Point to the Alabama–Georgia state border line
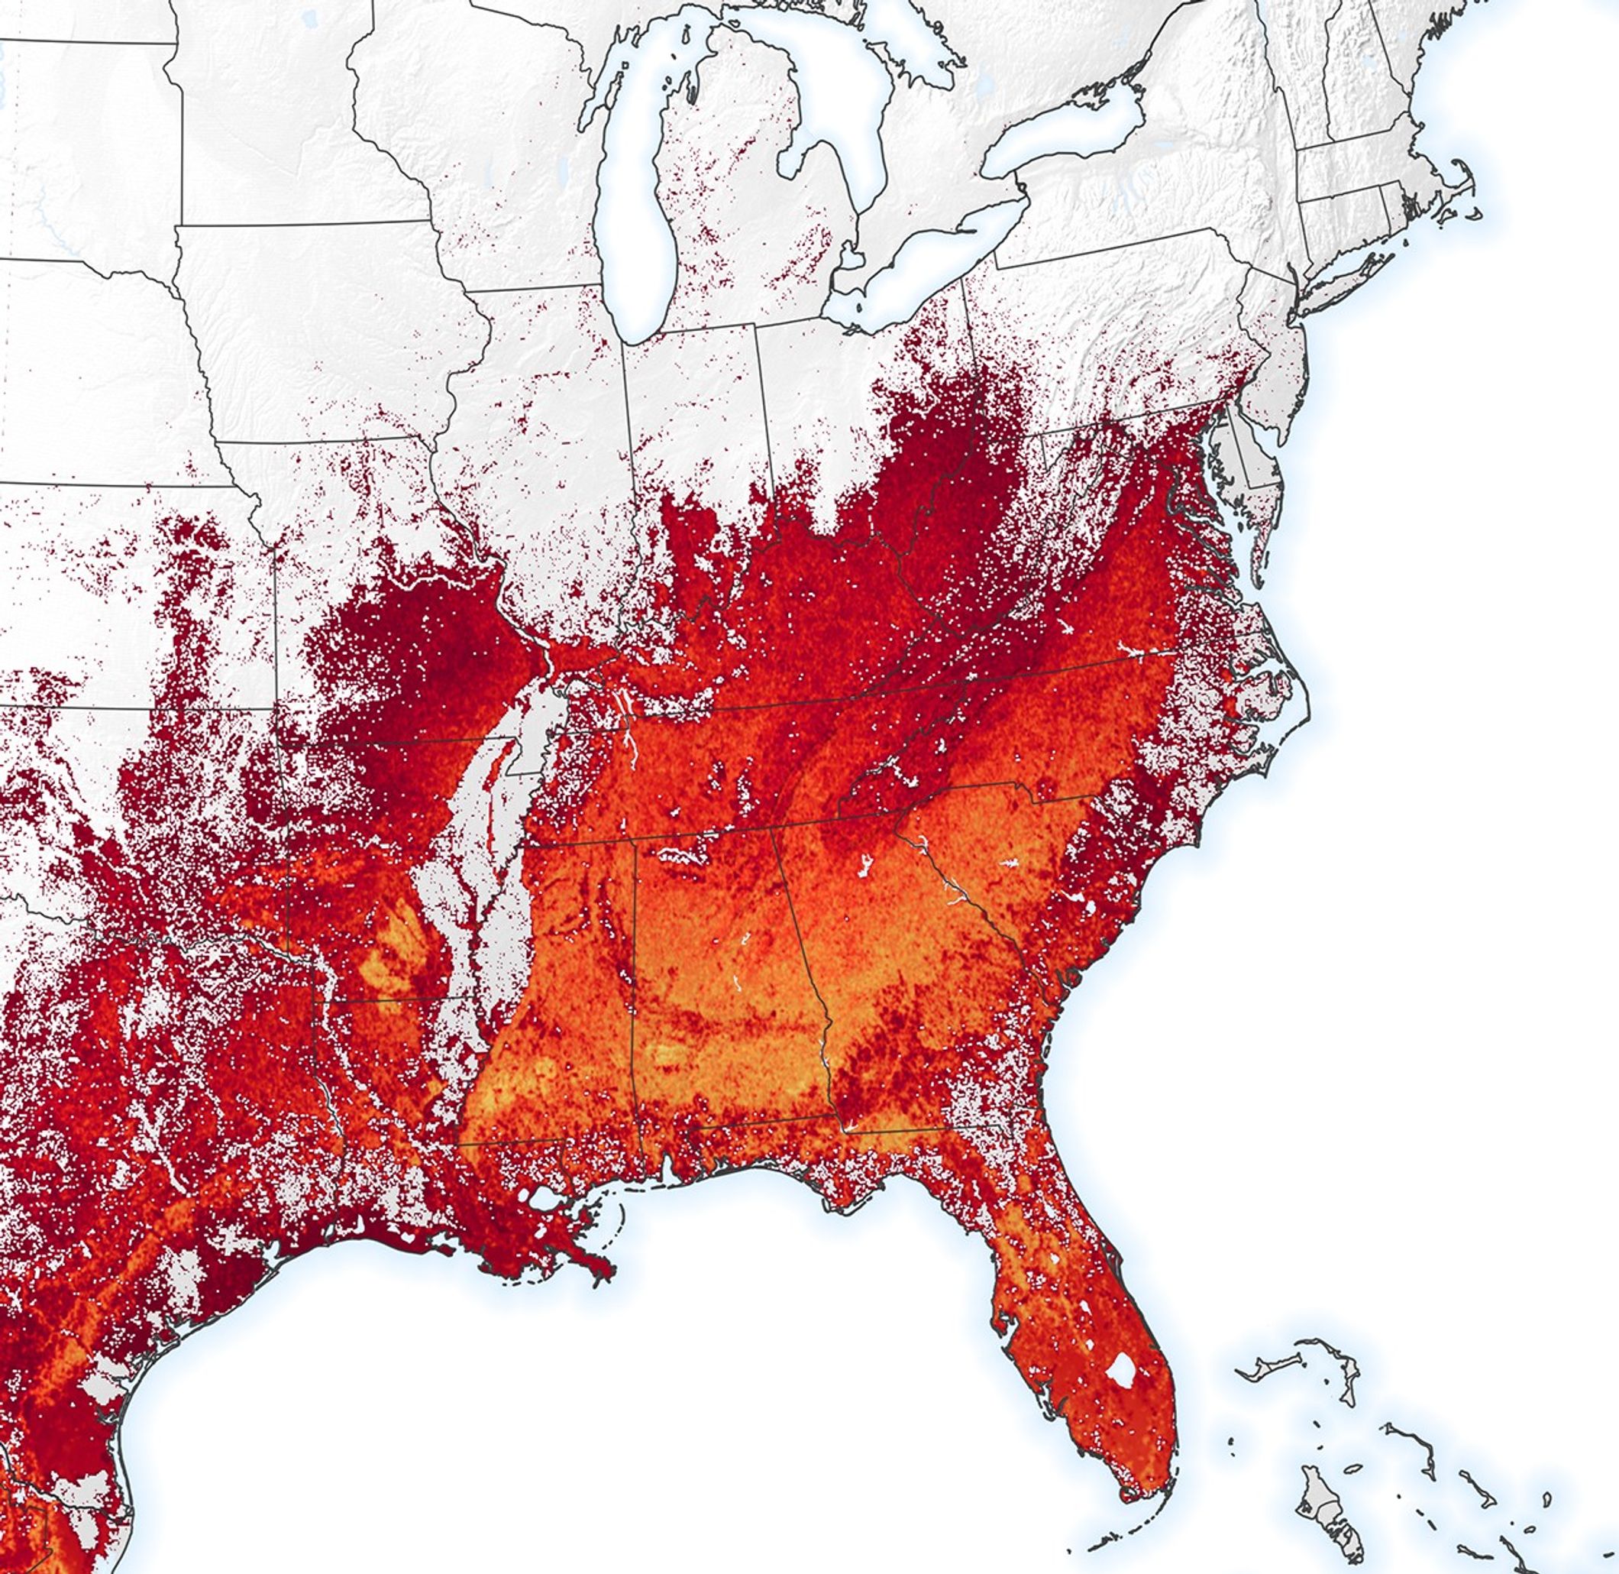[x=806, y=976]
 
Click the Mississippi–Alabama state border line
[x=635, y=992]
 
